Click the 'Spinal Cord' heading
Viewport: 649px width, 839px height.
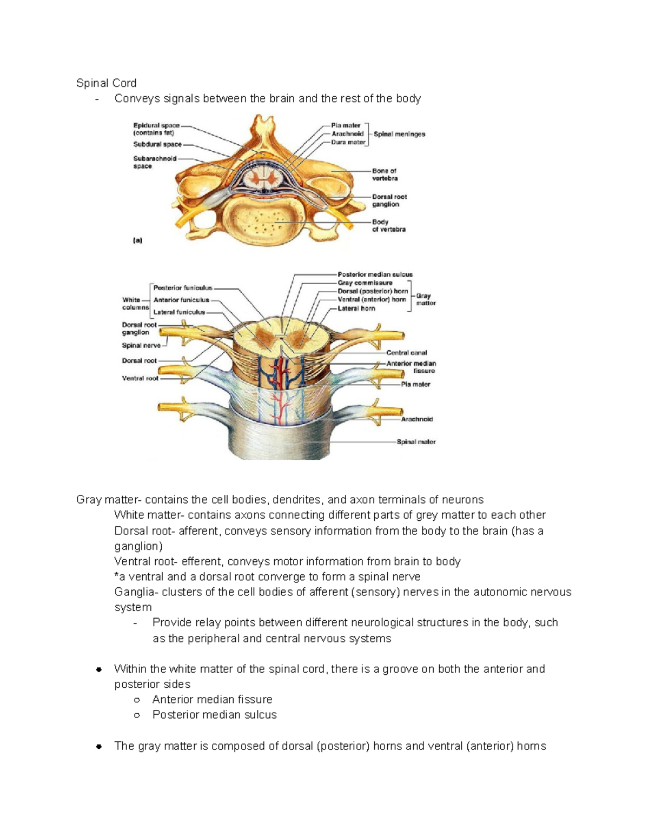(x=106, y=83)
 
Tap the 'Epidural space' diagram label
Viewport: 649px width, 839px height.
(x=156, y=125)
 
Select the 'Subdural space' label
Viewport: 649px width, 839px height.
(x=157, y=144)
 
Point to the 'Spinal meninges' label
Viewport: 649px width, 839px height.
(x=399, y=134)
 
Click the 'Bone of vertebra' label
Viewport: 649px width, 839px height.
(x=385, y=174)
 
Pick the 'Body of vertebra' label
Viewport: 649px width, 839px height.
(x=388, y=226)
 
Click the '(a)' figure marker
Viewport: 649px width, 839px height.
(x=137, y=240)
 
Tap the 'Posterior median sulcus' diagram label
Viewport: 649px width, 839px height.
(x=375, y=274)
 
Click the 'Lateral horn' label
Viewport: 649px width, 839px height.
(x=356, y=308)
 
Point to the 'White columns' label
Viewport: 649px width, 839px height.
(x=135, y=304)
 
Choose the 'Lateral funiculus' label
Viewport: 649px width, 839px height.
(x=179, y=312)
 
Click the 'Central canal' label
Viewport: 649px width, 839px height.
(x=406, y=353)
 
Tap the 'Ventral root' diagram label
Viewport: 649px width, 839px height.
(x=140, y=379)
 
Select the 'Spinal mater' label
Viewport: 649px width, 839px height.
(x=416, y=442)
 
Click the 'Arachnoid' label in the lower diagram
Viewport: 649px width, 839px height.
(x=416, y=419)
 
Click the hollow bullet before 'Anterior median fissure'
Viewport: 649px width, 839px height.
(x=137, y=700)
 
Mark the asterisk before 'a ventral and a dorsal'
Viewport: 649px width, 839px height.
(x=117, y=576)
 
